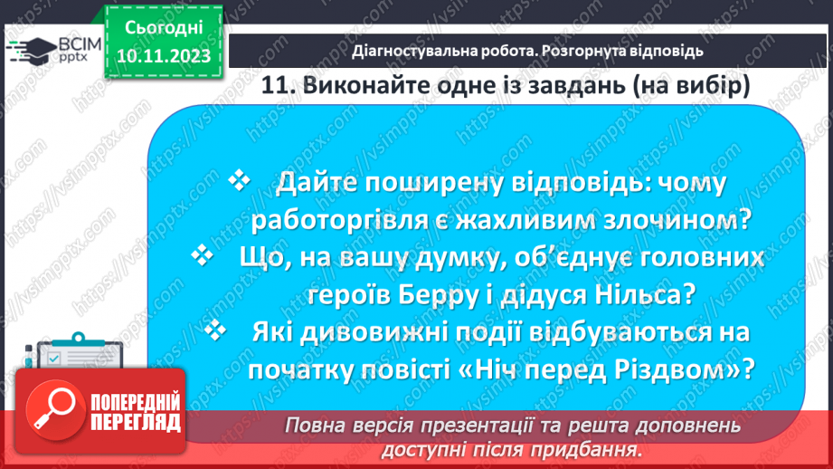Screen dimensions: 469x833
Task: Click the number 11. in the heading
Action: click(x=279, y=86)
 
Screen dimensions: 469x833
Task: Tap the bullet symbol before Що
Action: click(x=204, y=256)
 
